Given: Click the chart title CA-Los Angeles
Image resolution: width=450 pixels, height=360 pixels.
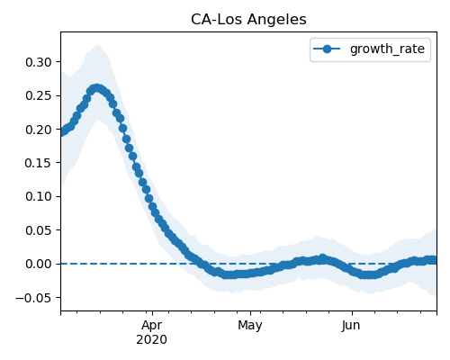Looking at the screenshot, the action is click(x=248, y=20).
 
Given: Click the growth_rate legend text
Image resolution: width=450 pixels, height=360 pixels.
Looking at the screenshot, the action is click(x=387, y=49).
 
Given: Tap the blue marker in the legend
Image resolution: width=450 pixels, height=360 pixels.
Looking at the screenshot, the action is click(x=327, y=49).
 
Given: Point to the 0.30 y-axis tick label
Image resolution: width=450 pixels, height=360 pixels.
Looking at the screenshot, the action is click(x=39, y=62).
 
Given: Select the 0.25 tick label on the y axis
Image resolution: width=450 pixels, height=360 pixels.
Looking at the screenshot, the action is click(x=39, y=96).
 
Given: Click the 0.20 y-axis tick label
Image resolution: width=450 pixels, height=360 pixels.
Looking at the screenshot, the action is click(x=39, y=130).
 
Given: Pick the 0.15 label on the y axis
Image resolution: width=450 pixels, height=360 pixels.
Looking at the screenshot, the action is click(x=39, y=163).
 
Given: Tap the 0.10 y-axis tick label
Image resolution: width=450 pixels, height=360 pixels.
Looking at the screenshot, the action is click(x=39, y=197).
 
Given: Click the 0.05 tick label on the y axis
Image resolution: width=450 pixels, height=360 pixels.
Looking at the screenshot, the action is click(x=39, y=230).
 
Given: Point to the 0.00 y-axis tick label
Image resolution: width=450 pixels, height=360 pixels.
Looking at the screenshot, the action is click(x=39, y=265).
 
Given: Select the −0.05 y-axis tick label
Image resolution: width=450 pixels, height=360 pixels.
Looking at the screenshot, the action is click(x=33, y=298).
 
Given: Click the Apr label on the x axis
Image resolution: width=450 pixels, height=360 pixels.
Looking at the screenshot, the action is click(x=152, y=326).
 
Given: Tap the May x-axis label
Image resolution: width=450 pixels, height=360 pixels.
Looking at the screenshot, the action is click(x=250, y=326).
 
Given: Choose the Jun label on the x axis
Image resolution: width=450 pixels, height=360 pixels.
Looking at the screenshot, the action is click(x=351, y=326).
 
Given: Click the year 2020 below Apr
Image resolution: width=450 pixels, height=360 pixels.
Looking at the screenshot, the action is click(x=151, y=340).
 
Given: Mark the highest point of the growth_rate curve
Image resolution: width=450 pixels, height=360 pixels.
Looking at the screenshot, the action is click(x=96, y=88).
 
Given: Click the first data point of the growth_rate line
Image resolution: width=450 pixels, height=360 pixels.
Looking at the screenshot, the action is click(x=61, y=132).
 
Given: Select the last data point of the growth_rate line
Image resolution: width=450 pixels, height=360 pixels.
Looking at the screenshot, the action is click(x=434, y=260).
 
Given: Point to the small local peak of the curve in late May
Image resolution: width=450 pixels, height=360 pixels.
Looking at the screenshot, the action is click(x=322, y=258).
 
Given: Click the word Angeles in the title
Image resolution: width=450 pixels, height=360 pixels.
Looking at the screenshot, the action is click(x=277, y=20).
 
